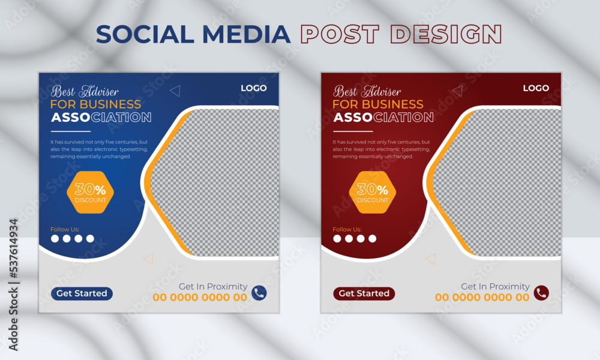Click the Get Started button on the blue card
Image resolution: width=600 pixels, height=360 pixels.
click(x=82, y=293)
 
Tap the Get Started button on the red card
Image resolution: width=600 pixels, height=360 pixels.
click(x=364, y=293)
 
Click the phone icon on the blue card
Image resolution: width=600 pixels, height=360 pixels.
click(x=259, y=293)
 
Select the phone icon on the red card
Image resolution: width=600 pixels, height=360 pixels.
click(x=541, y=293)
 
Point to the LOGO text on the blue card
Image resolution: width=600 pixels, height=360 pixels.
click(x=254, y=88)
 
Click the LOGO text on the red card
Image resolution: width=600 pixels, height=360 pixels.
click(x=536, y=88)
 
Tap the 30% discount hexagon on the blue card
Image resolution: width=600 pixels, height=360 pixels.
click(x=90, y=192)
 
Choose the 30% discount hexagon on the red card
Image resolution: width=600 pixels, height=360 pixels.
click(x=372, y=192)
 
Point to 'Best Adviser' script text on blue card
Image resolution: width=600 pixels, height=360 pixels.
click(x=85, y=91)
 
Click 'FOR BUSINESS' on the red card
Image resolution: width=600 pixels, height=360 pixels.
click(x=377, y=104)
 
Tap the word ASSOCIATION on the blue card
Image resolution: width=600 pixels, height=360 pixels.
click(x=101, y=118)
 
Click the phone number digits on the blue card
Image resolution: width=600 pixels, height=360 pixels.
click(x=200, y=298)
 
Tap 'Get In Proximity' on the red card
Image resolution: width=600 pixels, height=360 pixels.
click(x=495, y=286)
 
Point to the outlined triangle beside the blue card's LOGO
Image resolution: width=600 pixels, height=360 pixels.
click(x=175, y=91)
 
